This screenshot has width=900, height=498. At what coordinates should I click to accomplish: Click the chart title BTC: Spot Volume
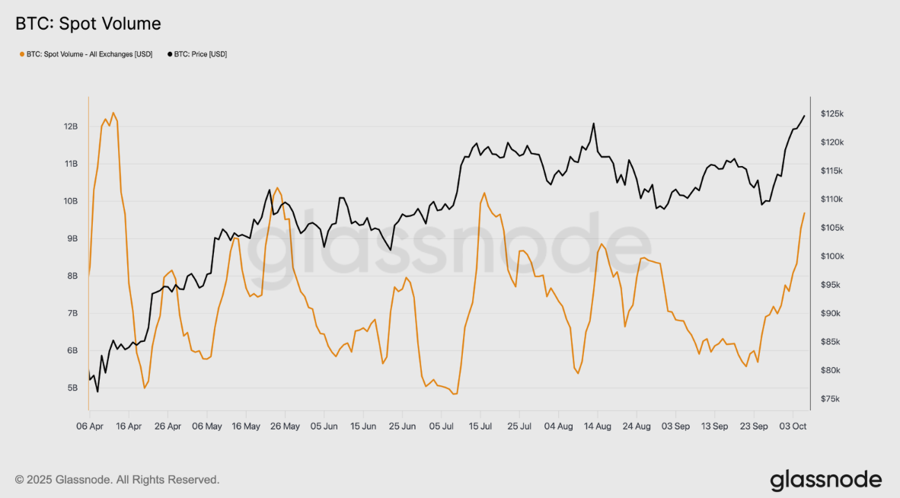[x=88, y=24]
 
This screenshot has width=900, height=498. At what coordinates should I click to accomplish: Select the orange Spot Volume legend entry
[x=85, y=55]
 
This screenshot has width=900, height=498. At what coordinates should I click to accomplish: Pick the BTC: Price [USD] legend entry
[x=196, y=55]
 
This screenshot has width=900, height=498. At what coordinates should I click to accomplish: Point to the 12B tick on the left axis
[x=71, y=126]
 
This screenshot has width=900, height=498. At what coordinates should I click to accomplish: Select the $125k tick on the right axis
[x=831, y=114]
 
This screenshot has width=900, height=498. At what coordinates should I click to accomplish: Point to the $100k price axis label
[x=831, y=257]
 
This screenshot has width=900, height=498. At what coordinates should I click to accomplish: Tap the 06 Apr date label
[x=90, y=426]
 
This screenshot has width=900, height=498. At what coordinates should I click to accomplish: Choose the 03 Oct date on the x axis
[x=793, y=426]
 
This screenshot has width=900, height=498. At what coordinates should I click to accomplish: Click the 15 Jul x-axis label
[x=480, y=426]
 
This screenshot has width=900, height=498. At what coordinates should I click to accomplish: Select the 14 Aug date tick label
[x=597, y=426]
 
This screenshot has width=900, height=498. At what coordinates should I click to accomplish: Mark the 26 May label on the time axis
[x=285, y=426]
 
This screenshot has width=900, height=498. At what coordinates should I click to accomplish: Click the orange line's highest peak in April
[x=113, y=113]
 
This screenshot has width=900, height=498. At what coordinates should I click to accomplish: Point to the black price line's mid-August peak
[x=593, y=123]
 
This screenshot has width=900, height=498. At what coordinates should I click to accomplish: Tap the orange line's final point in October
[x=804, y=212]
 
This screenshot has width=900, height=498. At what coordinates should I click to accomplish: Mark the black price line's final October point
[x=804, y=116]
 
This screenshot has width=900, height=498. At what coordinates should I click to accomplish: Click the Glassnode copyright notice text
[x=117, y=480]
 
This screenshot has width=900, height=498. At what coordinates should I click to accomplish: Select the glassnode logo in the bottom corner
[x=825, y=480]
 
